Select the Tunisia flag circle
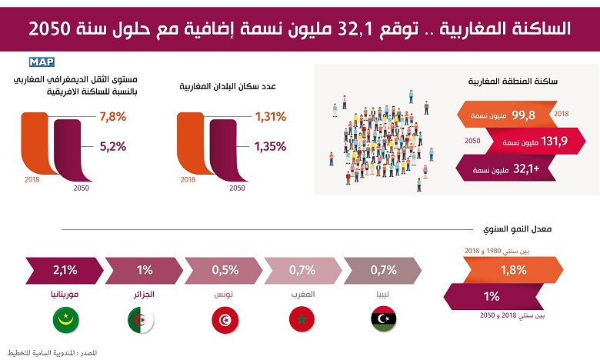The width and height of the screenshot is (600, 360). (x=223, y=318)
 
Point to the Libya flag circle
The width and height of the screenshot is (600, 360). (x=384, y=318)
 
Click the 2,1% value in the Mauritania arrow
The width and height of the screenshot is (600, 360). (x=65, y=270)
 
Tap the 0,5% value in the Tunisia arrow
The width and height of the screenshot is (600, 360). (x=225, y=270)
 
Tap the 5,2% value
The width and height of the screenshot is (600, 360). (x=112, y=145)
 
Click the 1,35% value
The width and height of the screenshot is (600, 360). (x=270, y=145)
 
